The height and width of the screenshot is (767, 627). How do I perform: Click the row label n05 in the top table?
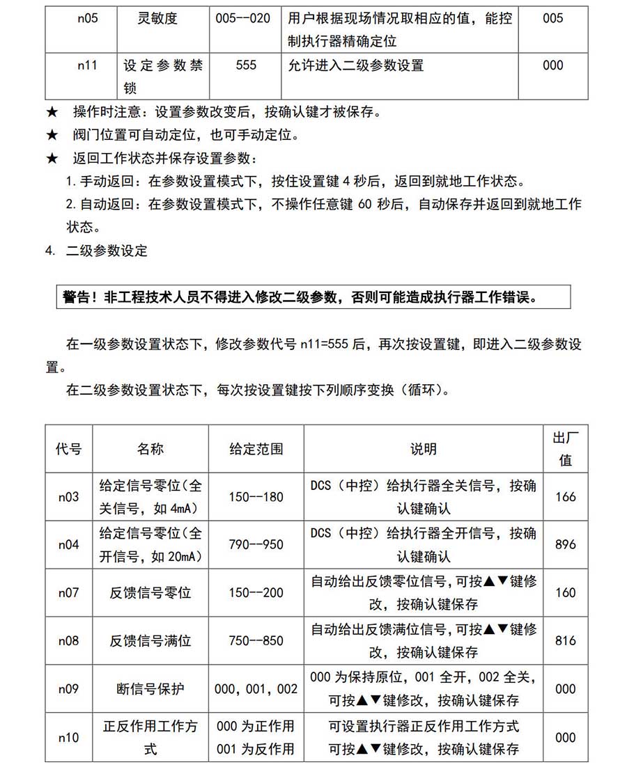pos(87,19)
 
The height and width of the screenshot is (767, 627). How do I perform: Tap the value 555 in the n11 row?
pos(246,65)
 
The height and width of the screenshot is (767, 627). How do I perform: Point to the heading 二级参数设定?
pos(107,251)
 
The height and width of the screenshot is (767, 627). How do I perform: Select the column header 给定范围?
pos(256,449)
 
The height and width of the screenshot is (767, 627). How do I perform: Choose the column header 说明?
pos(424,449)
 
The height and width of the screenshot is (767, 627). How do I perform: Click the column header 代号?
pos(68,449)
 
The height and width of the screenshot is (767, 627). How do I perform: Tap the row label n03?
pos(68,497)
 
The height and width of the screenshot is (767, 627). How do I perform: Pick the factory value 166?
pos(566,497)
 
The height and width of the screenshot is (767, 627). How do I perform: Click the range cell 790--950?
pos(256,544)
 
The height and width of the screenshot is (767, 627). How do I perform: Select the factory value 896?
pos(566,544)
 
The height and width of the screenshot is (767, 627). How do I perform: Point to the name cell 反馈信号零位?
pos(150,593)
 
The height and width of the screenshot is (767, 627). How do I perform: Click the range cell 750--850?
pos(256,640)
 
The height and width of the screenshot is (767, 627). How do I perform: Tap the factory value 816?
pos(566,640)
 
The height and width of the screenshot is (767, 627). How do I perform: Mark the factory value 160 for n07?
pos(566,593)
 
